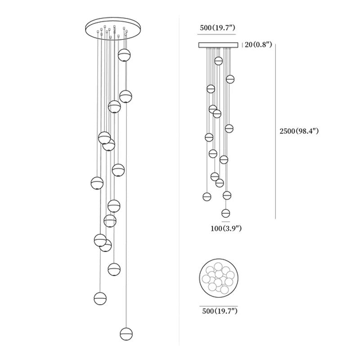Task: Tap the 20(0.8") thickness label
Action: (x=258, y=45)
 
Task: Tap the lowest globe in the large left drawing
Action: (x=126, y=333)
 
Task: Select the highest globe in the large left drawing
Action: (x=125, y=55)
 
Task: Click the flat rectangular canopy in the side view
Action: (x=218, y=45)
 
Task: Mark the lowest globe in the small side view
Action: (x=226, y=213)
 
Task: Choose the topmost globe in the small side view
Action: (x=219, y=61)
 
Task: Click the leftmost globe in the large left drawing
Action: (x=97, y=183)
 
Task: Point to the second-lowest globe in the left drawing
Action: (x=100, y=298)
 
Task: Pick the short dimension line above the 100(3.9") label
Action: (x=226, y=221)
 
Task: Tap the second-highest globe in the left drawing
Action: (x=125, y=96)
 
